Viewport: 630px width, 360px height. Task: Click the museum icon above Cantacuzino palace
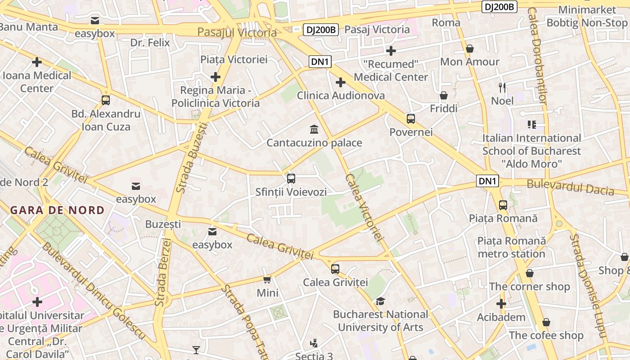coord(314,130)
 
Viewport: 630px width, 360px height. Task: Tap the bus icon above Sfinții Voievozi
coord(291,179)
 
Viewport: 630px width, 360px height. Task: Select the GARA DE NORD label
coord(57,210)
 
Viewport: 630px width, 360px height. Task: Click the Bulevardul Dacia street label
coord(570,187)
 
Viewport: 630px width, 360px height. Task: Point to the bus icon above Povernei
coord(410,119)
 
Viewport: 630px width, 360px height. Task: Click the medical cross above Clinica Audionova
coord(341,82)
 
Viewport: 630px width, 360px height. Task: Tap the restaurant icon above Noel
coord(502,87)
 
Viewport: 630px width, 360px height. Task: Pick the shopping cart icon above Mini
coord(267,280)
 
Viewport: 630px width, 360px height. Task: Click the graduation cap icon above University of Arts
coord(380,301)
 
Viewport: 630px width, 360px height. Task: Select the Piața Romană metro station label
coord(512,247)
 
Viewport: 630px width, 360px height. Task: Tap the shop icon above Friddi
coord(444,95)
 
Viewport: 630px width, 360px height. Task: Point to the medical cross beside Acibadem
coord(501,304)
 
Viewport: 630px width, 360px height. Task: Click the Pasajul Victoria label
coord(237,32)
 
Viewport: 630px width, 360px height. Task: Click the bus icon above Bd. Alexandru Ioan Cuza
coord(106,100)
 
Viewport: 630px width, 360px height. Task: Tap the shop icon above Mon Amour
coord(470,49)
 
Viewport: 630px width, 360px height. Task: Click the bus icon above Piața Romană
coord(503,205)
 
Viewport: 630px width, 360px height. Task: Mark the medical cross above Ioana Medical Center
coord(37,62)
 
